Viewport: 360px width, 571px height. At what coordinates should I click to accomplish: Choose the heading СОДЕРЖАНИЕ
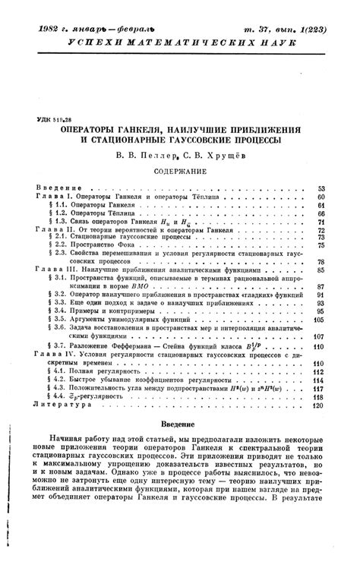179,172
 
